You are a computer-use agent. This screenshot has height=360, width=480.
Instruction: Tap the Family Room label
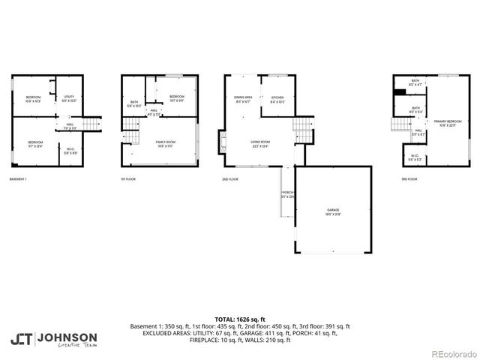165,143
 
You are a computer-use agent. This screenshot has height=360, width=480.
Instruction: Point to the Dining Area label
243,98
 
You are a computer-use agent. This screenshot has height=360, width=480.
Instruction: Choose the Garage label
332,212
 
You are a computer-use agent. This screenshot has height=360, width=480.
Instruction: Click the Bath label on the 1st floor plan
134,103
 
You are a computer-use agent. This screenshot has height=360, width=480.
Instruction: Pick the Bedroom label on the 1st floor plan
177,97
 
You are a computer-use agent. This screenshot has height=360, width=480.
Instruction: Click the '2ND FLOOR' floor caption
230,179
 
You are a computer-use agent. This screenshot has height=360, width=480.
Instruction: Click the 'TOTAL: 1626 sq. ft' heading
240,319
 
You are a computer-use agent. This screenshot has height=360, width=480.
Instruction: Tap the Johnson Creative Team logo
54,338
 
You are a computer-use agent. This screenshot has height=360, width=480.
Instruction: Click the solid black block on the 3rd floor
400,92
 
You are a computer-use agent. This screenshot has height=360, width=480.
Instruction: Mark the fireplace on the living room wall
222,141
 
